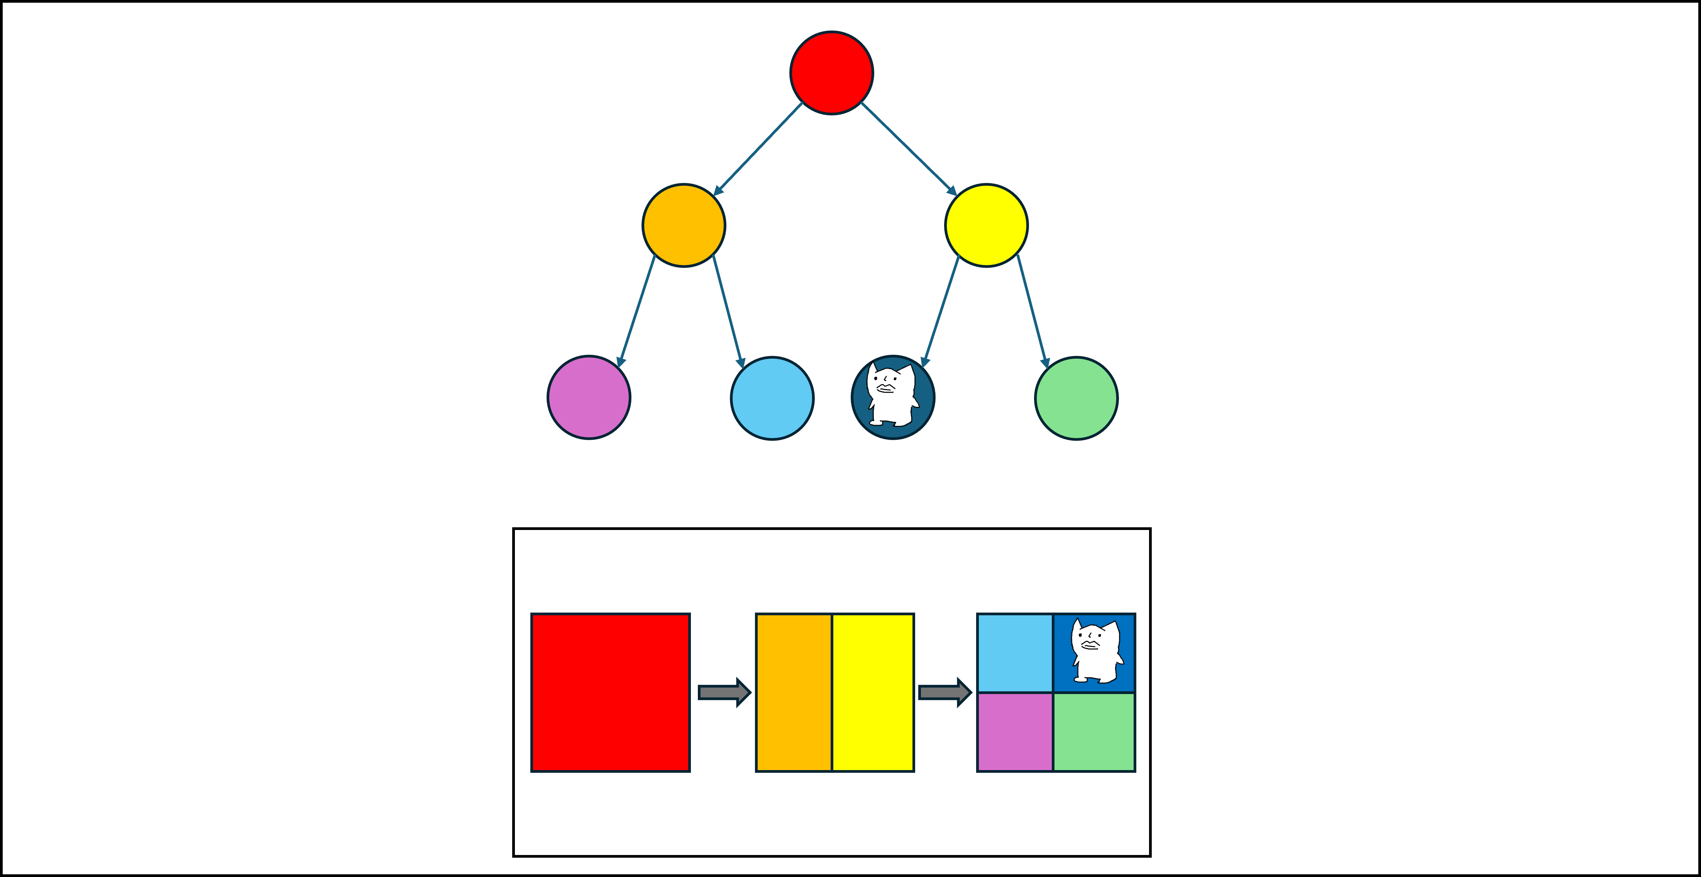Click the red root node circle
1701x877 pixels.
[831, 73]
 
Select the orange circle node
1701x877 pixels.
[684, 225]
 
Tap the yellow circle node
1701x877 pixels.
[986, 225]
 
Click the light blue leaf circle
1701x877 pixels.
[772, 398]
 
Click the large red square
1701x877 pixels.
[610, 692]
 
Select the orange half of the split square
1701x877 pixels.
[794, 692]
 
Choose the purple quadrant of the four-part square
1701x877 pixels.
[1015, 732]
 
